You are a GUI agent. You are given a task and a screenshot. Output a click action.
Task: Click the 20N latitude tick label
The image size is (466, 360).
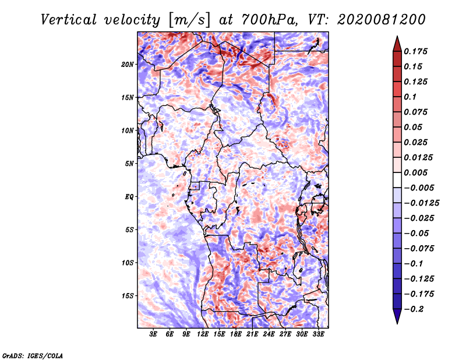point(128,65)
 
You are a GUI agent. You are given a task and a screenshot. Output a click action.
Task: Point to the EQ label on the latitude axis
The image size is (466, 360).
point(129,197)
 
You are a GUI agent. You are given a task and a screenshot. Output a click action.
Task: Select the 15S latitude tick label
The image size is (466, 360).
point(128,296)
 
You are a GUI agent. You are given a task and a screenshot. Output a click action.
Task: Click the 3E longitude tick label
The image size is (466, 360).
point(153,334)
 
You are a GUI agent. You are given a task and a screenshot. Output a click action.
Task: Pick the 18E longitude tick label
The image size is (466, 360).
point(236,334)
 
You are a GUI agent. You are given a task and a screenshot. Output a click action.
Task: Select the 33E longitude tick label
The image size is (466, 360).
point(318,334)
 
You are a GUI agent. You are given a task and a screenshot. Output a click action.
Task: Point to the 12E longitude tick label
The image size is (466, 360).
point(203,334)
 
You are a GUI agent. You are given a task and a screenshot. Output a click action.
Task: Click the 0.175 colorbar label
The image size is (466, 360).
point(415,51)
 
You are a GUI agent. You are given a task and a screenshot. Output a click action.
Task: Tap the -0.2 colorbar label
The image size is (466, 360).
point(414,309)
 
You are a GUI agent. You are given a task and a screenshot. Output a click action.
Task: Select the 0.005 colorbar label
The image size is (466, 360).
point(415,172)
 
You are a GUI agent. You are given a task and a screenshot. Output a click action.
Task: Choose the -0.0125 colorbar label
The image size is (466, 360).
point(421,203)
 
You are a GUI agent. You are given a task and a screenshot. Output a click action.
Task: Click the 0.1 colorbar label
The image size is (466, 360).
point(410,97)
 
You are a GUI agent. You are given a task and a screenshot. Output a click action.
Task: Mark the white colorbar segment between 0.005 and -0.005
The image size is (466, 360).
point(397,180)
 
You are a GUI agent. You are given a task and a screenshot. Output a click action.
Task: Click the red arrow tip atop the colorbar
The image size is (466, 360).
point(397,37)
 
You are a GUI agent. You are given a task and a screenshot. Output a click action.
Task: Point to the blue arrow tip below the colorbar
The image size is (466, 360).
point(397,323)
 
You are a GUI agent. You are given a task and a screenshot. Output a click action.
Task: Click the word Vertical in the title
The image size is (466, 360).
point(69,20)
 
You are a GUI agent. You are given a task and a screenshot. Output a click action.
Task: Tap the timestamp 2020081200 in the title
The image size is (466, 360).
point(382,20)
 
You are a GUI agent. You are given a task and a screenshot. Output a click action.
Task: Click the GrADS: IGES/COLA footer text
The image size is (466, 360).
point(33,355)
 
